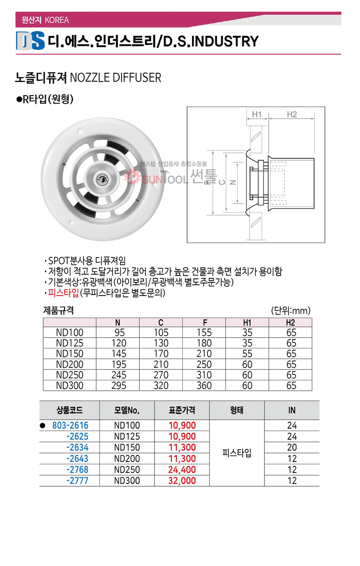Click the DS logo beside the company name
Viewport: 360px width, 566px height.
click(30, 41)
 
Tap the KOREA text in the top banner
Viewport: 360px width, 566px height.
click(58, 20)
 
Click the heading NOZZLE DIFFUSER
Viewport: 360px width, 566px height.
click(115, 77)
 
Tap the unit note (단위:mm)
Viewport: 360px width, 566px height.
click(290, 311)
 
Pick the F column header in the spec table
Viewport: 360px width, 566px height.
click(204, 322)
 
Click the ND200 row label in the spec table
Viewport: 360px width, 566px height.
click(69, 365)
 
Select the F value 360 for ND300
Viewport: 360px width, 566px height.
click(204, 386)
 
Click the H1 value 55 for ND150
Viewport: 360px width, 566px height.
click(247, 354)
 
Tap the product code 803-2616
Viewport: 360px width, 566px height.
click(70, 425)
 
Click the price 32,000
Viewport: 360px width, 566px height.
click(182, 481)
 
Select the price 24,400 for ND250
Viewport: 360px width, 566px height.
click(182, 470)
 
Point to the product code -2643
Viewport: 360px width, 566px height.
click(77, 458)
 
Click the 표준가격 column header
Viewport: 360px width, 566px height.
click(182, 410)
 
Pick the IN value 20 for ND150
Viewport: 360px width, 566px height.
click(292, 447)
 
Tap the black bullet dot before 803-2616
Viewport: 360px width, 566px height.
click(42, 425)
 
